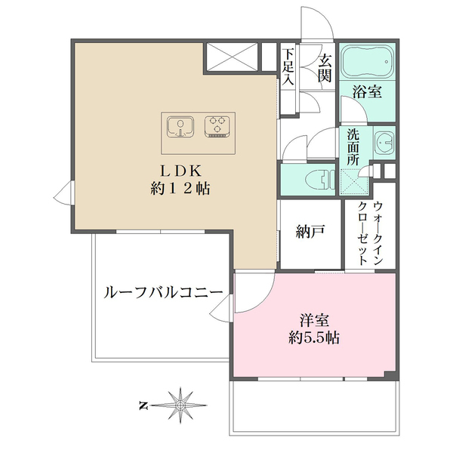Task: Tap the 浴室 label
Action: [x=367, y=93]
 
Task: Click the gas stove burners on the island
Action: [x=218, y=125]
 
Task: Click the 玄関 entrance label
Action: [x=324, y=66]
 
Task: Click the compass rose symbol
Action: [x=181, y=405]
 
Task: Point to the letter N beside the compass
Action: [x=143, y=405]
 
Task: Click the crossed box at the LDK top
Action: [x=230, y=57]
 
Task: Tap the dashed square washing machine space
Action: [x=353, y=181]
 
